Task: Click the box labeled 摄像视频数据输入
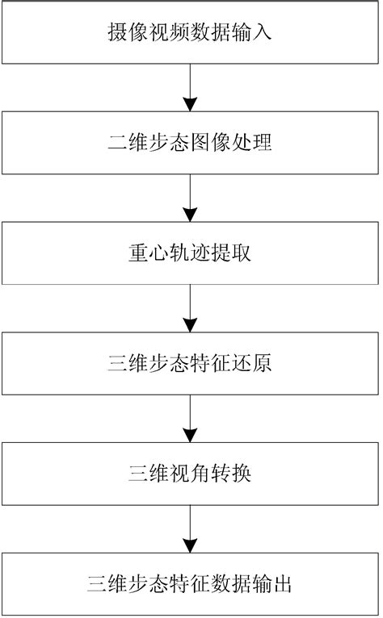pyautogui.click(x=190, y=33)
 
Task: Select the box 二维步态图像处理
pyautogui.click(x=190, y=143)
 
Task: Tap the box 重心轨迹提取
pyautogui.click(x=190, y=253)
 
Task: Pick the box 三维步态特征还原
pyautogui.click(x=190, y=362)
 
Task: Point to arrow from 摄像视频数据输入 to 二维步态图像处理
pyautogui.click(x=190, y=88)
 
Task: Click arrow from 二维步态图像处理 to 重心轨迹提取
pyautogui.click(x=190, y=198)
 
